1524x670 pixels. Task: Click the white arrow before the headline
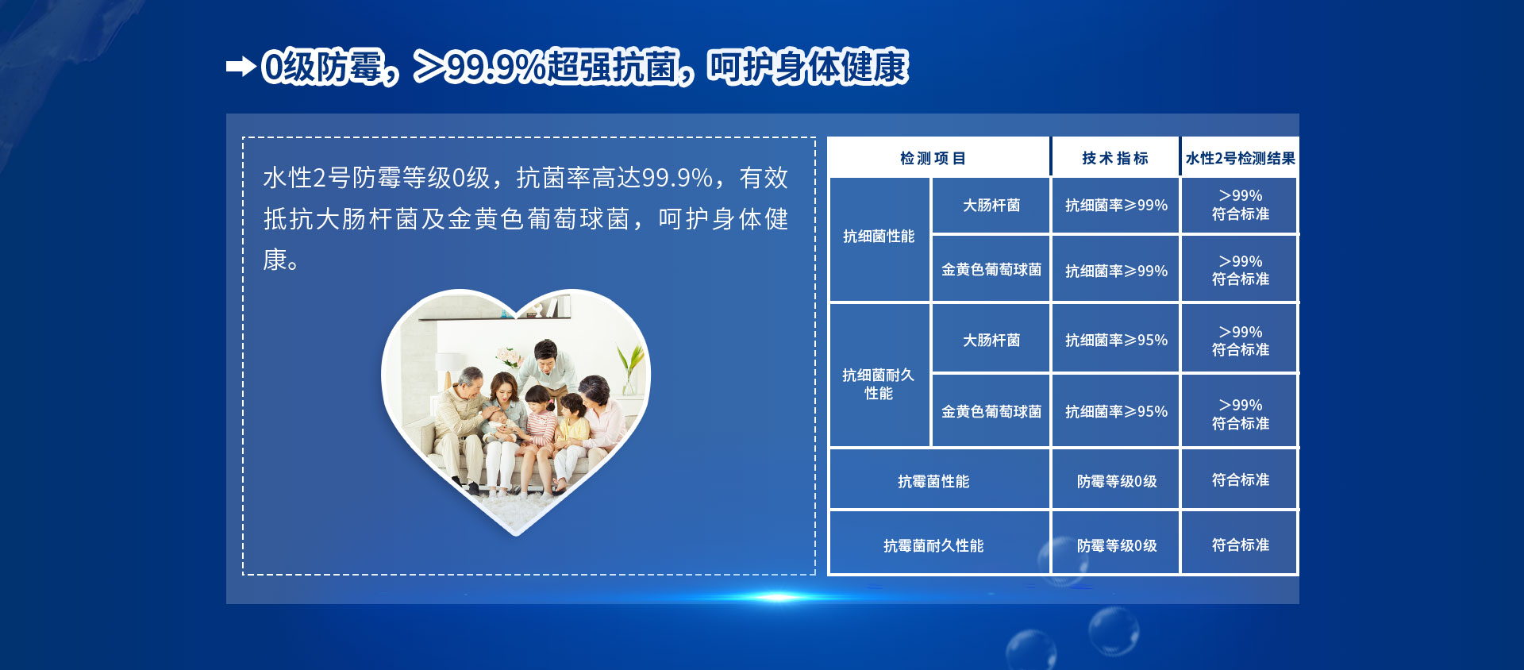click(x=241, y=67)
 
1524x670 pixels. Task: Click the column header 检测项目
click(x=933, y=159)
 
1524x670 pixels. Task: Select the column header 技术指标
click(x=1115, y=159)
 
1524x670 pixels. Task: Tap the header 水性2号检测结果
click(x=1241, y=159)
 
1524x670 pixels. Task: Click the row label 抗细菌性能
click(x=879, y=237)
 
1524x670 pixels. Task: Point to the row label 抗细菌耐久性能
click(x=879, y=384)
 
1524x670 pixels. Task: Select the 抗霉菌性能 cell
click(x=933, y=482)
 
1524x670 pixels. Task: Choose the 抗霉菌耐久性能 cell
click(x=933, y=546)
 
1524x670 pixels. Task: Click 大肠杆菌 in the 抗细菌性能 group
click(x=991, y=206)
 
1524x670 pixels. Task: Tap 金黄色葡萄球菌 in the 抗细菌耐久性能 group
click(x=991, y=412)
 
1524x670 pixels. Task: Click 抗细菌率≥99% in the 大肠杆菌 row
click(x=1116, y=206)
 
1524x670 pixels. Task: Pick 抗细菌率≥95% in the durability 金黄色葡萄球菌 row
click(x=1116, y=412)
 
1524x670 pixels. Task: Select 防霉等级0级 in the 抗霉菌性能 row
click(x=1117, y=482)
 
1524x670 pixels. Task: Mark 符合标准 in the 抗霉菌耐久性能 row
click(x=1241, y=545)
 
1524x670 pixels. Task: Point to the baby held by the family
click(x=500, y=424)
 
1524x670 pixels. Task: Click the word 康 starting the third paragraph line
click(x=275, y=260)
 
